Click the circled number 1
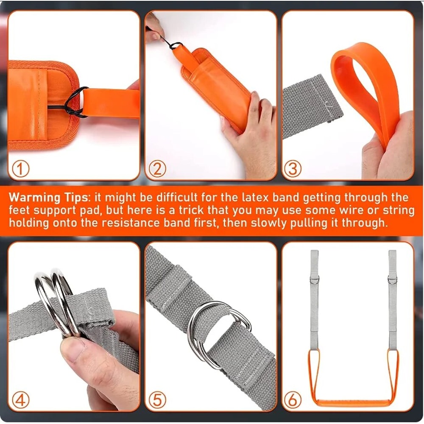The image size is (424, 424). tap(20, 170)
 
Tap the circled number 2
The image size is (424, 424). tap(157, 170)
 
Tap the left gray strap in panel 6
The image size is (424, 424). tap(314, 297)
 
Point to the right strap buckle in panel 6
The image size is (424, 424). tap(392, 280)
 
